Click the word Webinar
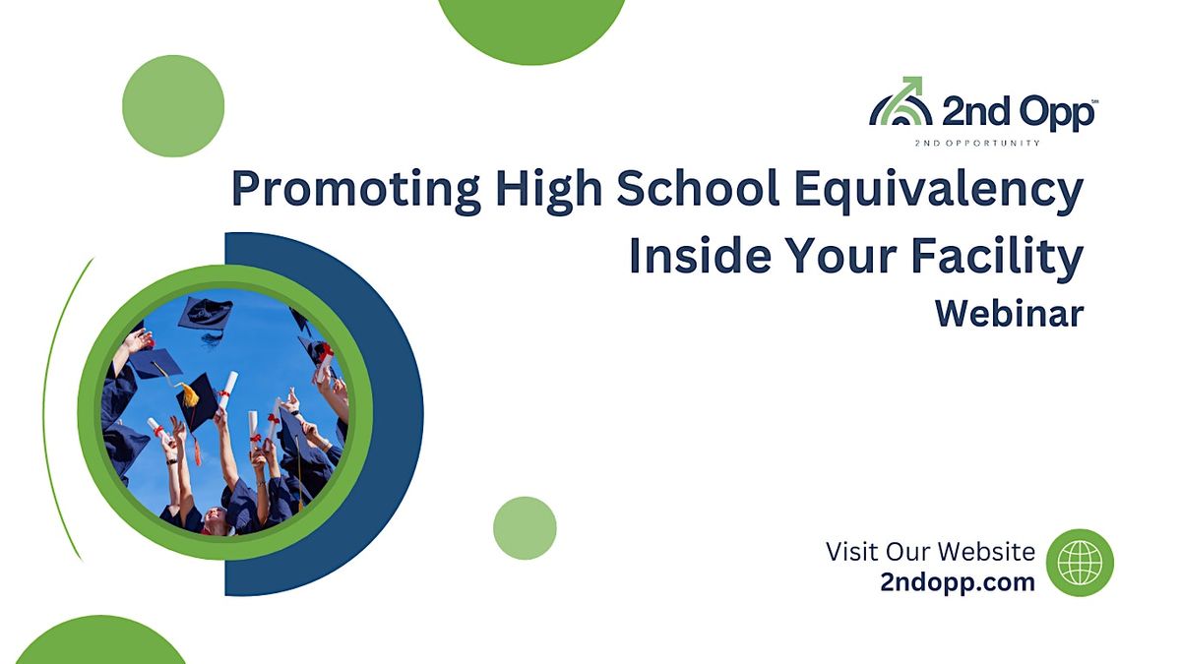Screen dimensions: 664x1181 1009,314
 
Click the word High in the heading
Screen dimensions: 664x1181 545,189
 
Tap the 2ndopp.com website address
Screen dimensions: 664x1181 958,581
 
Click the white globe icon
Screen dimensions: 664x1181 1080,563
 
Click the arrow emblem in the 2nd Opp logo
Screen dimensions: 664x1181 900,101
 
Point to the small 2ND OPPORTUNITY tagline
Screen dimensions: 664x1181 977,143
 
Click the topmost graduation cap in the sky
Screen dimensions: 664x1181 205,314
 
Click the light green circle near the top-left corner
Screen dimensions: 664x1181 173,105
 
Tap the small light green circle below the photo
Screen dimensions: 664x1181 525,528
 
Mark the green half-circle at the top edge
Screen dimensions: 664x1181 531,25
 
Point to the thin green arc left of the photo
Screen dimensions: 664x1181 65,413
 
